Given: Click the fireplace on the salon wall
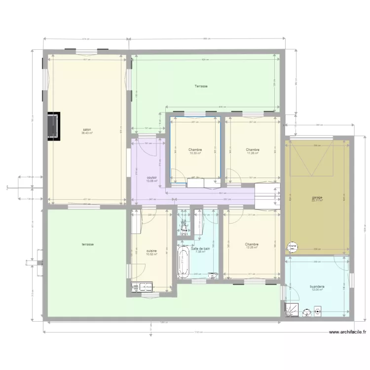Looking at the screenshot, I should [x=54, y=126].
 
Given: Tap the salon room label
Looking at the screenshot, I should [x=87, y=130].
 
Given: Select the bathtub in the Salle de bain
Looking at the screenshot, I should [x=184, y=263].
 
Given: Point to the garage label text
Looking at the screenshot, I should [x=317, y=198].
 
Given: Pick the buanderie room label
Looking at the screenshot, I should [x=317, y=286].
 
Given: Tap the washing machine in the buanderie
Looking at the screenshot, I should [x=317, y=311].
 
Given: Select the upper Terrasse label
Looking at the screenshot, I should [x=201, y=86].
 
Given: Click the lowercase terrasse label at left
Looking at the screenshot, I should [x=87, y=244].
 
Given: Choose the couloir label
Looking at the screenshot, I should [x=152, y=178].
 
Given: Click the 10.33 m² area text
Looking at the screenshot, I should [x=195, y=153].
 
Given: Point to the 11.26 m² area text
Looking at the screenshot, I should [x=253, y=153].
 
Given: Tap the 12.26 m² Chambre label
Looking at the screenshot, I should [x=252, y=244].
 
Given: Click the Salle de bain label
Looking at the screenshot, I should [x=200, y=249].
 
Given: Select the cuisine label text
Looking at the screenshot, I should [x=151, y=251].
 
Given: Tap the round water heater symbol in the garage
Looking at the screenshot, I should [x=293, y=246].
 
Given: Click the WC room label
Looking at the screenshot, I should [x=184, y=225].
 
